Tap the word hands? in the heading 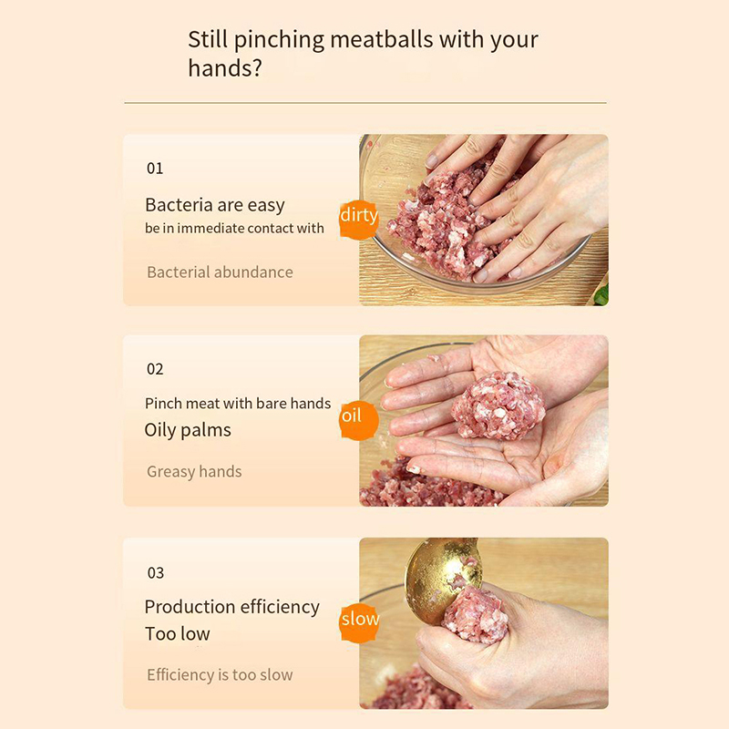click(x=225, y=67)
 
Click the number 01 click(x=155, y=168)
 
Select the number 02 click(x=155, y=369)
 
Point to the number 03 click(x=155, y=572)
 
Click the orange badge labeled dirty click(x=358, y=219)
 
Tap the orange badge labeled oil click(x=358, y=420)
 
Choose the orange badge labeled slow click(x=359, y=622)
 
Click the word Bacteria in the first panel click(x=176, y=204)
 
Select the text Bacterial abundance click(x=220, y=272)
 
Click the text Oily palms click(x=188, y=430)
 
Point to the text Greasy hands click(x=194, y=471)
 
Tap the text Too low click(x=177, y=633)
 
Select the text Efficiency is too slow click(x=220, y=674)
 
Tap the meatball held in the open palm click(x=498, y=405)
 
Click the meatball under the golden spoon click(x=475, y=614)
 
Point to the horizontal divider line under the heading click(x=365, y=103)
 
